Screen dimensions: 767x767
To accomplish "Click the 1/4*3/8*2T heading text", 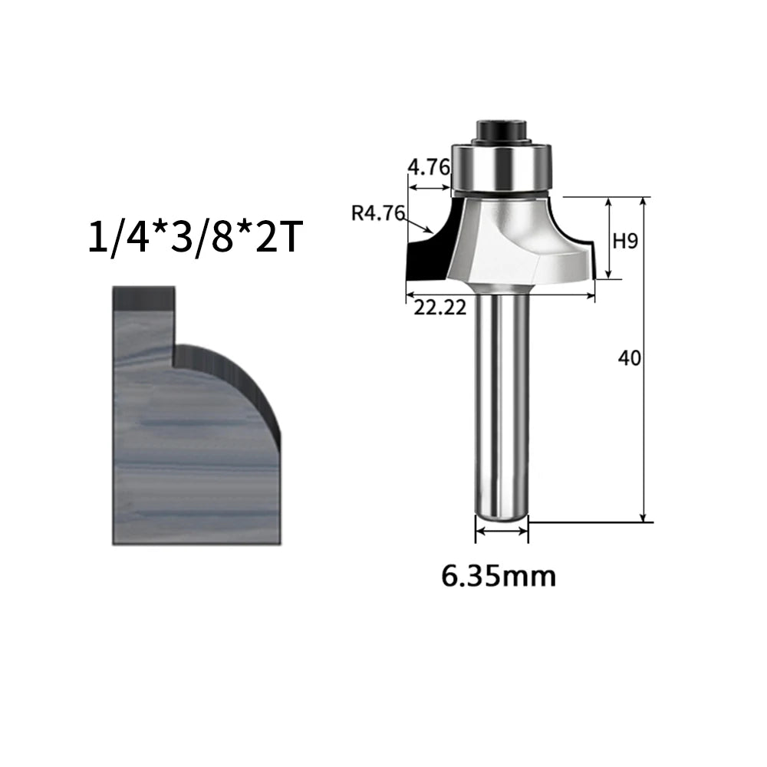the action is [x=193, y=237].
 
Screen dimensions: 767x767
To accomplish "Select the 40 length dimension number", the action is [x=629, y=358].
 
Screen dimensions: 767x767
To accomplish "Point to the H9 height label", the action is [x=626, y=241].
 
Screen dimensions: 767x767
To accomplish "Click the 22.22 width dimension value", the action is [x=440, y=308].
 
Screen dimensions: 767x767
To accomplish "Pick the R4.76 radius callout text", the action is [x=378, y=213].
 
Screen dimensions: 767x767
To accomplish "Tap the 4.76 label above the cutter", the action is [x=429, y=168].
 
